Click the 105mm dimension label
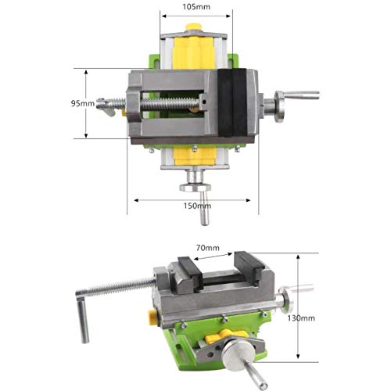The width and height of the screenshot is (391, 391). [x=196, y=6]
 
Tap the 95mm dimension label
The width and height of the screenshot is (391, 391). [x=83, y=103]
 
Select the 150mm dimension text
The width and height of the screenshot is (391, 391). [x=197, y=206]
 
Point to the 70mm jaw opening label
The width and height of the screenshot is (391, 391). [x=208, y=248]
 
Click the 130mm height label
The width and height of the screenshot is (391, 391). [x=301, y=318]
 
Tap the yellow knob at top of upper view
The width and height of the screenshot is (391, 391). [x=194, y=27]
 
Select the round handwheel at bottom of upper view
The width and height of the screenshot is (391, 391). [x=195, y=188]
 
